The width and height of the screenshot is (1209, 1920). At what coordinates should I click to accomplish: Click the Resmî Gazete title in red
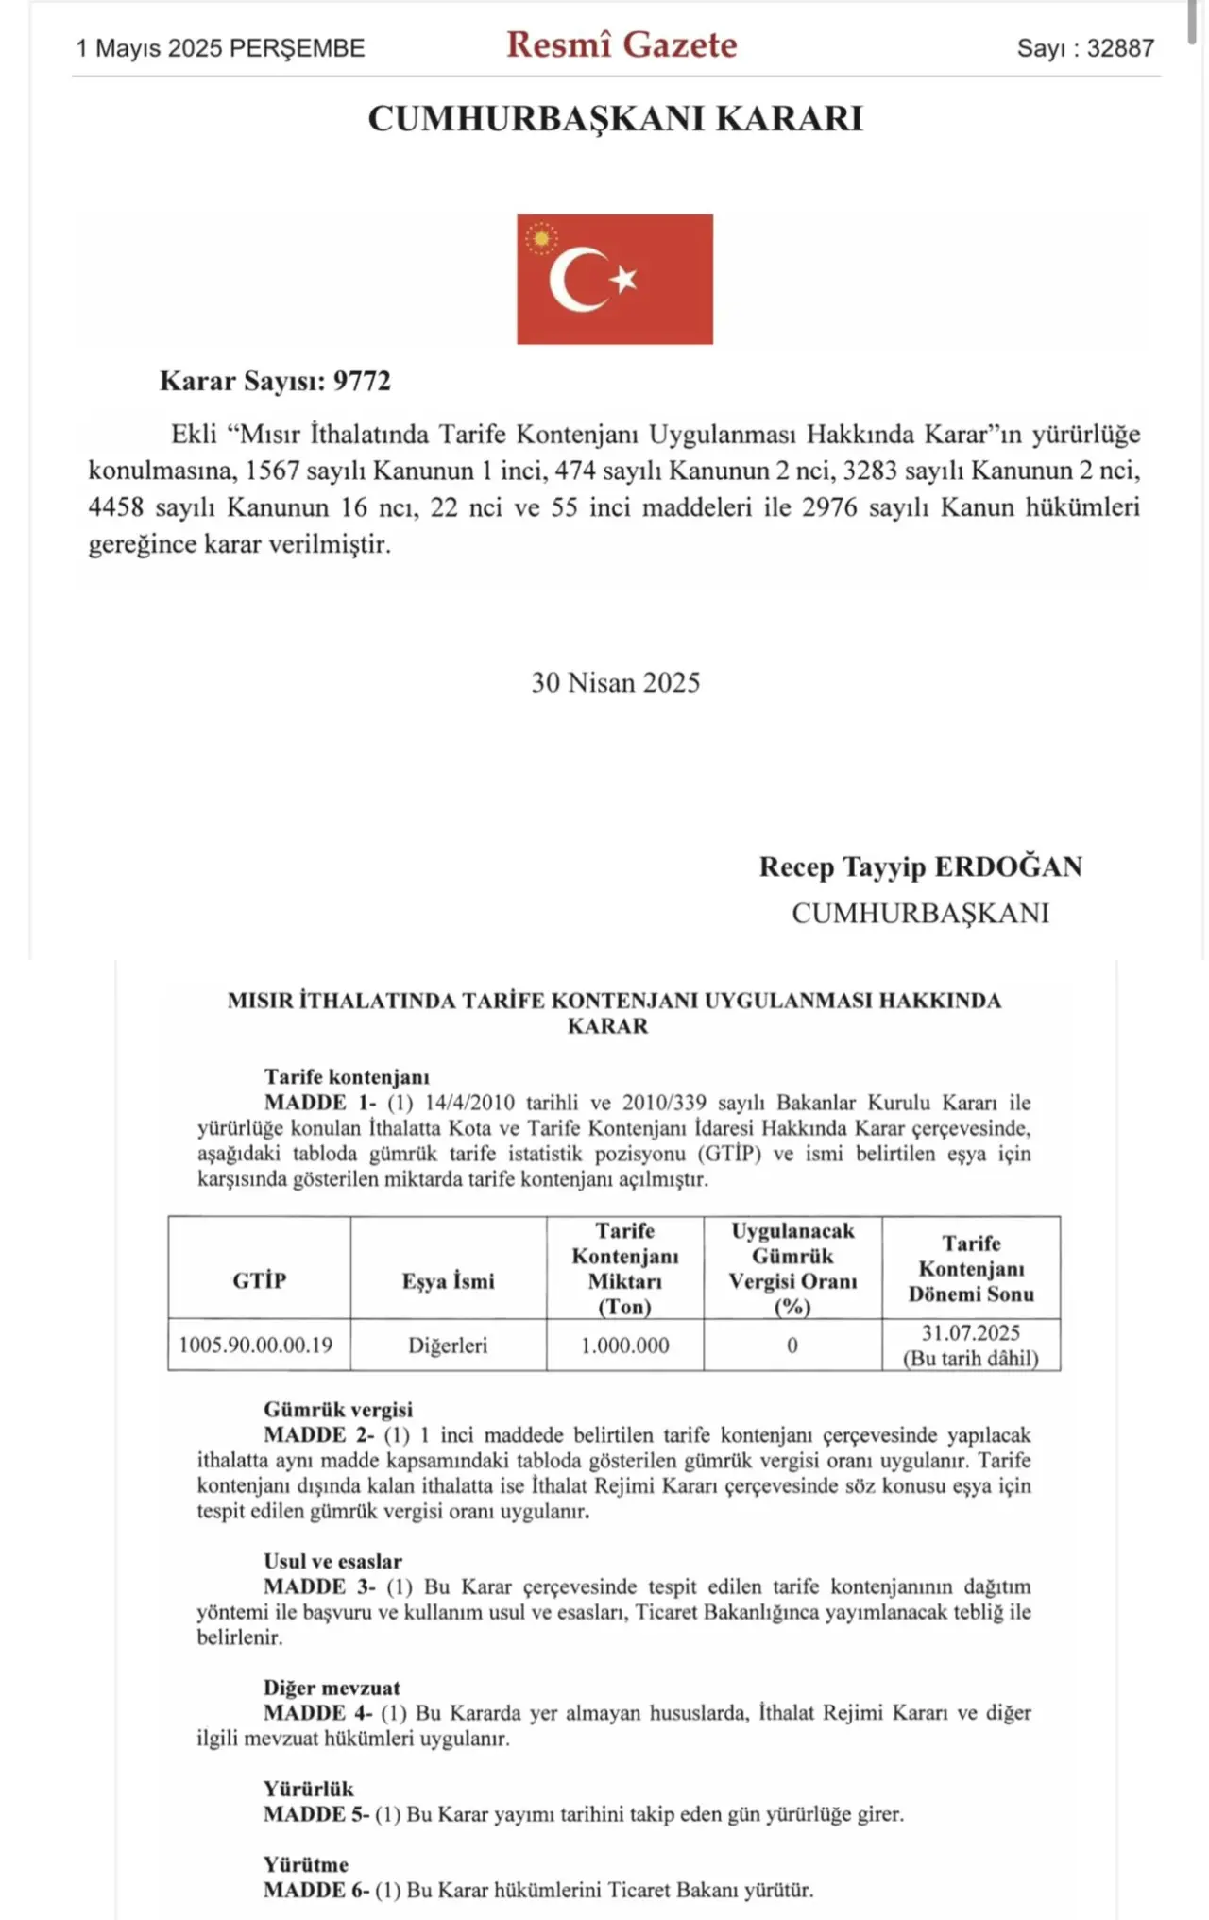click(x=621, y=45)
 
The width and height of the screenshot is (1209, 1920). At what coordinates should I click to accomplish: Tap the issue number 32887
click(x=1120, y=48)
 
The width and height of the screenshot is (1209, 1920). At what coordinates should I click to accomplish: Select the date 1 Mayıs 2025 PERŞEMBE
click(x=220, y=48)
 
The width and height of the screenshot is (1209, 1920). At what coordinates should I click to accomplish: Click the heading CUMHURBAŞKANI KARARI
click(x=615, y=119)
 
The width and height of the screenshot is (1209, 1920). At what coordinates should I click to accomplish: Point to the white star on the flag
click(x=623, y=279)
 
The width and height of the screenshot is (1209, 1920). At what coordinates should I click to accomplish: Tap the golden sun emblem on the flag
click(x=541, y=238)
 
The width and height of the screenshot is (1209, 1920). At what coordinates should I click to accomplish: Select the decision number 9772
click(x=362, y=381)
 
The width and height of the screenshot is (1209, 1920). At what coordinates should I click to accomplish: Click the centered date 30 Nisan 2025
click(x=615, y=682)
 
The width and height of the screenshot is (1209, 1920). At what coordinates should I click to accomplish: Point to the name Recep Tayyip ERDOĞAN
click(x=920, y=866)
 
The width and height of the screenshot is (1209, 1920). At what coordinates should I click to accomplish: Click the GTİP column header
click(x=259, y=1281)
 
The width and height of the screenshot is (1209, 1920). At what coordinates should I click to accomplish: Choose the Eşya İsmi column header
click(x=448, y=1281)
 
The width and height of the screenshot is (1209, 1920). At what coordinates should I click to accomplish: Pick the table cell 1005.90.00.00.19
click(x=256, y=1345)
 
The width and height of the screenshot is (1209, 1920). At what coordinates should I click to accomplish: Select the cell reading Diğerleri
click(x=448, y=1346)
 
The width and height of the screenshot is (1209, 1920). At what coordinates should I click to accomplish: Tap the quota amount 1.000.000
click(x=624, y=1346)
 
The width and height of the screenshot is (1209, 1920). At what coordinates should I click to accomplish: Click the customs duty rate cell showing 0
click(x=792, y=1346)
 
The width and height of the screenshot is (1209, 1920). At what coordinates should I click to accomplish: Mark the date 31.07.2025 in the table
click(x=970, y=1333)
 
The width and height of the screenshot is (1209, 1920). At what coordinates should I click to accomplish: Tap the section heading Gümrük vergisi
click(x=338, y=1410)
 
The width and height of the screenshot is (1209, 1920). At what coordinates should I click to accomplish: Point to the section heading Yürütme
click(x=305, y=1864)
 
